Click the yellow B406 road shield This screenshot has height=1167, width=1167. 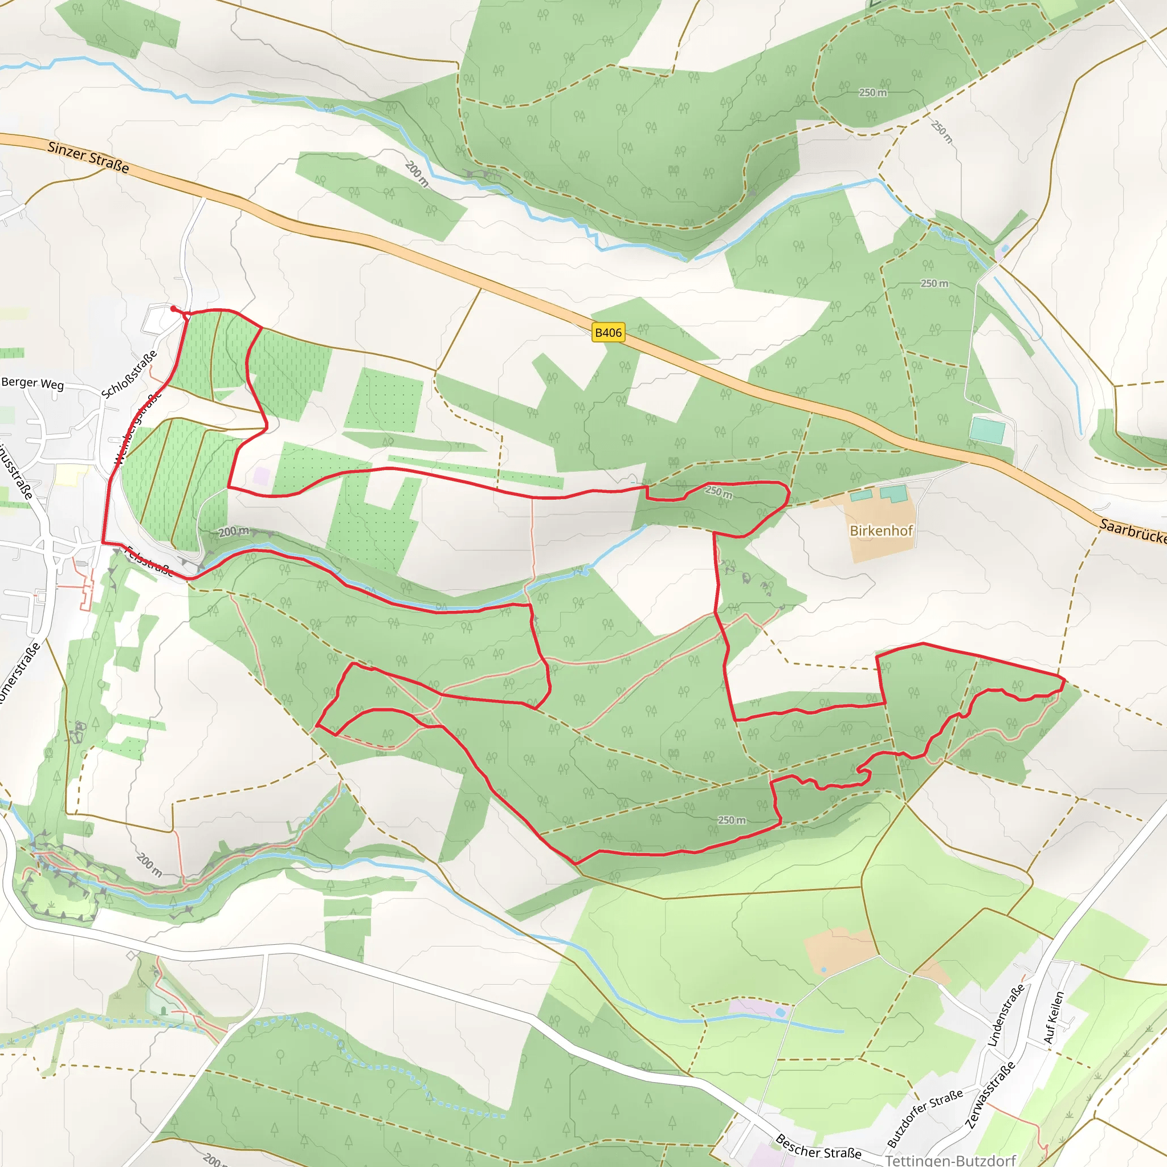607,332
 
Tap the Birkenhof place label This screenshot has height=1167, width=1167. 881,531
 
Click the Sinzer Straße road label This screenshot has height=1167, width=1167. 88,157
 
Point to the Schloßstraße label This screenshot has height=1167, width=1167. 129,374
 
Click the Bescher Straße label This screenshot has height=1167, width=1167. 818,1146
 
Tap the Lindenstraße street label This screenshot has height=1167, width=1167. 1006,1015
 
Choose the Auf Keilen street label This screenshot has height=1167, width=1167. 1054,1017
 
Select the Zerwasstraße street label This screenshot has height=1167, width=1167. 990,1094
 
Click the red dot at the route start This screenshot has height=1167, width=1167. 173,309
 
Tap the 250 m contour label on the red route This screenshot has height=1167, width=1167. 718,492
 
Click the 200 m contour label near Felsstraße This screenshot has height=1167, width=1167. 233,532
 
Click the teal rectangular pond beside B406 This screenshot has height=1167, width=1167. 987,430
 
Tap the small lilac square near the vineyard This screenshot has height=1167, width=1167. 262,475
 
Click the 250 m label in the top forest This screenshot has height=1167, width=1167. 873,92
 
